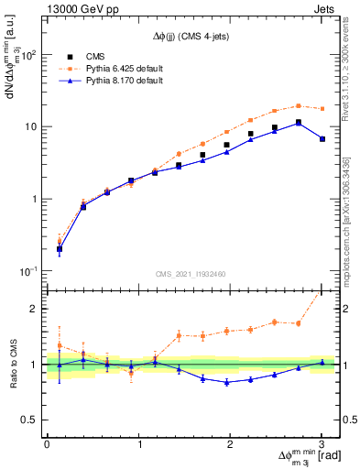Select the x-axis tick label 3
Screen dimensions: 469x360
(x=322, y=443)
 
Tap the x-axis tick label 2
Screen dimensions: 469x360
(x=230, y=443)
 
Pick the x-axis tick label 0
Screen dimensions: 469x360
(x=47, y=443)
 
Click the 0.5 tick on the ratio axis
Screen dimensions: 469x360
(x=31, y=420)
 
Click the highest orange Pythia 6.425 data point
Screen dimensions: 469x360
(x=299, y=105)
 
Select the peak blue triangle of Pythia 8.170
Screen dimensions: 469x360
(x=299, y=123)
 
